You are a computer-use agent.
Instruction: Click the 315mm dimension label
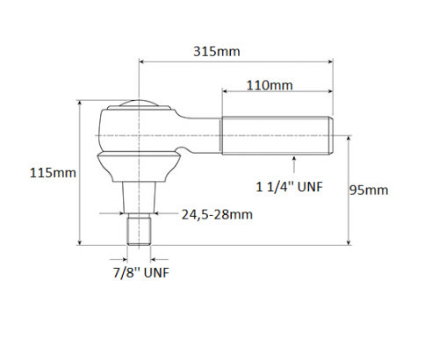(217, 51)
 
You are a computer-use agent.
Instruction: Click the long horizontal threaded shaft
(276, 136)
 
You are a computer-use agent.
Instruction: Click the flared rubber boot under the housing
(138, 166)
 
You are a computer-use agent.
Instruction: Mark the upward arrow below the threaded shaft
(294, 160)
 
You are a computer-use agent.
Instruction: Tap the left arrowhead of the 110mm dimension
(225, 92)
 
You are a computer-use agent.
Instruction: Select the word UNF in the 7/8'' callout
(155, 272)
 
